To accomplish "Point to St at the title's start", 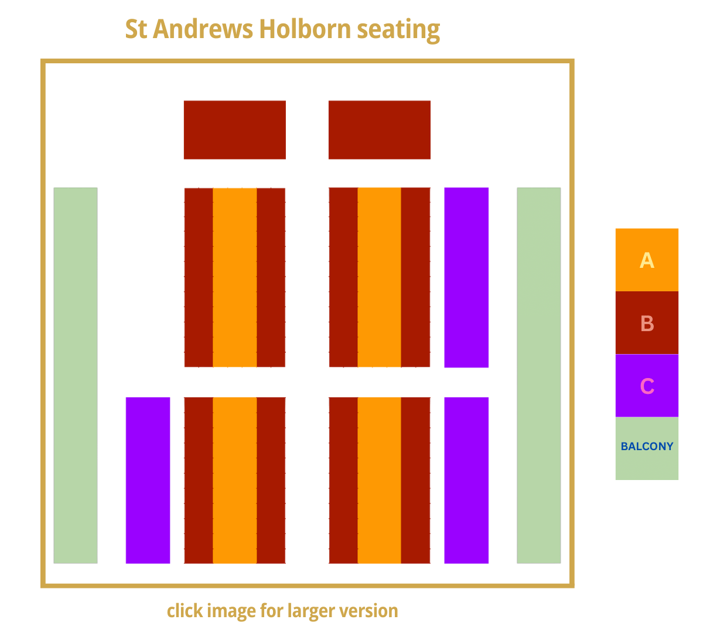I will (x=136, y=29).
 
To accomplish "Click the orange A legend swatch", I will (x=647, y=260).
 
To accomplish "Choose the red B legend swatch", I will (x=647, y=323).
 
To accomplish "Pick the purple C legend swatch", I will (x=647, y=386).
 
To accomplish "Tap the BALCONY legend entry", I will (x=647, y=447).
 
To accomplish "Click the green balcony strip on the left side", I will (x=76, y=375).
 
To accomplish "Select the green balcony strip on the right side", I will (x=538, y=375).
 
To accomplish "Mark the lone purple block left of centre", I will (x=148, y=480).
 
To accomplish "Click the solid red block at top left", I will (x=234, y=130).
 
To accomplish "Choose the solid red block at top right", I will (x=379, y=130).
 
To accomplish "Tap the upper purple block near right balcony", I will (x=466, y=277).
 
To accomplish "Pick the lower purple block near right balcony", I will (x=466, y=480).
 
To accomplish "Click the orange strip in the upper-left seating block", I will (x=234, y=277).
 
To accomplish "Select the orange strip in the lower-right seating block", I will (x=379, y=480).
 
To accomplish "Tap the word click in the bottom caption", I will (x=182, y=611).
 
